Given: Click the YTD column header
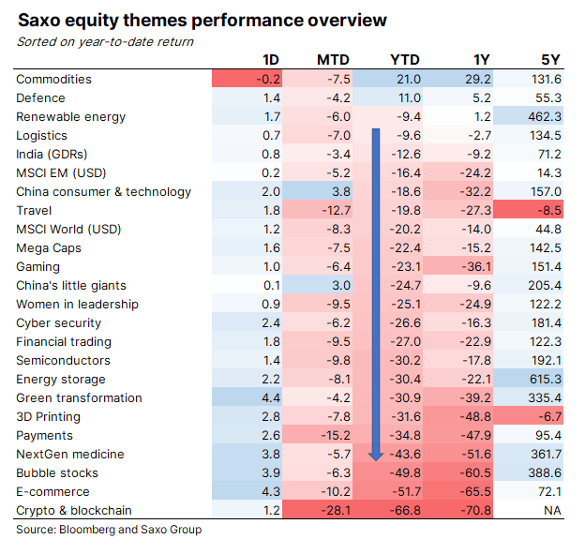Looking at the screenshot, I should click(404, 61).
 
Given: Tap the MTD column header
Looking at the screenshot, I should click(332, 61).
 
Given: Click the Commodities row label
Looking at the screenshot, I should click(53, 80).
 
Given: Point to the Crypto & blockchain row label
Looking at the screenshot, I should click(74, 511).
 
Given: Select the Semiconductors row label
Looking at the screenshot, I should click(63, 361).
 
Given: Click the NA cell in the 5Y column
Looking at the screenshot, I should click(552, 511).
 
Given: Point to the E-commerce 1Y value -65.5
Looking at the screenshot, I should click(475, 492).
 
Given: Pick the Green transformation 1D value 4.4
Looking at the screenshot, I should click(269, 398).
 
